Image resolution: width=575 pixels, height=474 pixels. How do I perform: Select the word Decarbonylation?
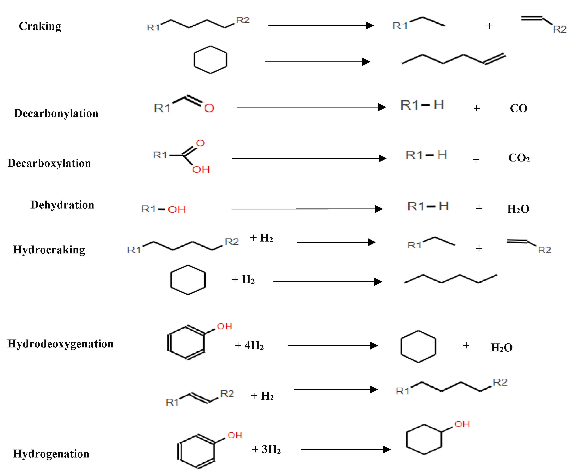tap(56, 113)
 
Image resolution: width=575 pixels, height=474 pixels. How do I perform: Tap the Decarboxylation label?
tap(49, 163)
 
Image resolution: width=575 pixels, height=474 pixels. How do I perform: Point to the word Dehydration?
tap(62, 205)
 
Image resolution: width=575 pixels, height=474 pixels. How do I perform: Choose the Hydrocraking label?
tap(49, 250)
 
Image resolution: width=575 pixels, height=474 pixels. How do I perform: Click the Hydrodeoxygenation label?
tap(60, 344)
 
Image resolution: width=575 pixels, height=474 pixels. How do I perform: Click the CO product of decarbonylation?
tap(518, 108)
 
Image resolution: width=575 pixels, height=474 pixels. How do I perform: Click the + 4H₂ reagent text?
tap(249, 346)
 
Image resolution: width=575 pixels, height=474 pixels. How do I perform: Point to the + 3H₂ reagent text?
tap(266, 449)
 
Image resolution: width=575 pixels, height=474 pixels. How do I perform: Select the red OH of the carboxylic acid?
tap(201, 170)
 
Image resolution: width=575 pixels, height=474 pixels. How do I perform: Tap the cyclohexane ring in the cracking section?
tap(210, 60)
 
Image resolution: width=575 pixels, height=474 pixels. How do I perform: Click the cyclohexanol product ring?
tap(424, 439)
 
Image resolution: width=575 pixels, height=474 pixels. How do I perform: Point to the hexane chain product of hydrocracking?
tap(450, 279)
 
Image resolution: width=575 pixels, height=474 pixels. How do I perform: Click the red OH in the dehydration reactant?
tap(177, 209)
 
